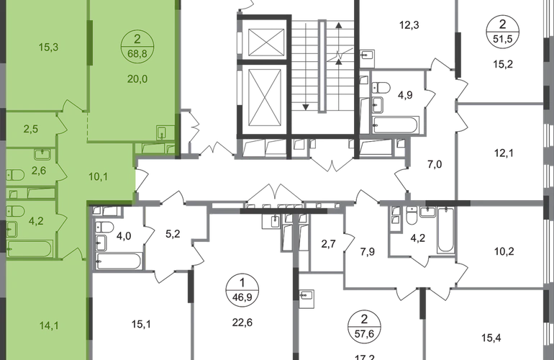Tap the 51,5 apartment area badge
(502, 32)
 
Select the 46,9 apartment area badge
(242, 289)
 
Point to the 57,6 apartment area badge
(364, 326)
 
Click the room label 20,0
(137, 79)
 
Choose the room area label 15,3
(48, 47)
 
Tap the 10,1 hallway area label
(99, 176)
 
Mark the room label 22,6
(242, 323)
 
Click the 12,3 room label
(409, 25)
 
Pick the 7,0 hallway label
(435, 164)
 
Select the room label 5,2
(173, 234)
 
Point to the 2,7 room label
(328, 244)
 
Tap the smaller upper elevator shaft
(266, 42)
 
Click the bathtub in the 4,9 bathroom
(396, 125)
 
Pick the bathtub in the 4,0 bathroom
(119, 261)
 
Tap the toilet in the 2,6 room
(15, 175)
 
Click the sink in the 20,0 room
(162, 133)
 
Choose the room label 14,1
(49, 325)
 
